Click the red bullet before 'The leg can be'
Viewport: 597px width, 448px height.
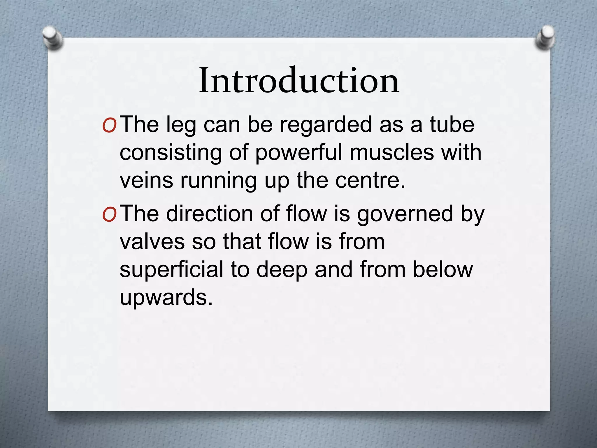click(x=110, y=125)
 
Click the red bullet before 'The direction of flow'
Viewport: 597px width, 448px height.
click(x=110, y=215)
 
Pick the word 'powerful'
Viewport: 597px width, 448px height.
click(x=299, y=153)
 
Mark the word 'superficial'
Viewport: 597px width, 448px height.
click(x=171, y=270)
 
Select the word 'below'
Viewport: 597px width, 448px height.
click(x=443, y=270)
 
